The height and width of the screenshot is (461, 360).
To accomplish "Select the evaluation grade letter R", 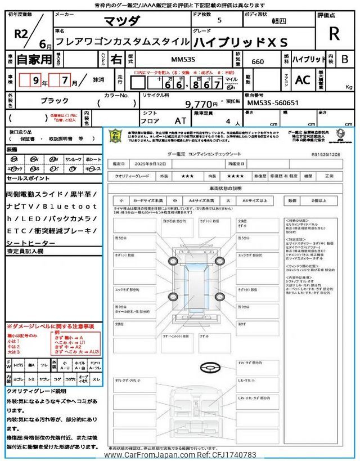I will point(334,34).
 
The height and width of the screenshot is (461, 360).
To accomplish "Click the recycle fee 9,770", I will point(201,104).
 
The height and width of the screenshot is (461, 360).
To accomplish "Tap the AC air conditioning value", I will point(303,80).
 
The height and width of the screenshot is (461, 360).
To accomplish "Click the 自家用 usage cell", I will point(27,59).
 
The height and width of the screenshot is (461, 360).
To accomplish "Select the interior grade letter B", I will point(345,59).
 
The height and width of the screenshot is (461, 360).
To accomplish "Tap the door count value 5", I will point(219,20).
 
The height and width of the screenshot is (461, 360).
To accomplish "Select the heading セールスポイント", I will point(28,178).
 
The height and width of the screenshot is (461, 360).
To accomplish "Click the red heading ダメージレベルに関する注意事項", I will point(51,326).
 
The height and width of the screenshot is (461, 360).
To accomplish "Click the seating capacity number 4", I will point(228,122).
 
